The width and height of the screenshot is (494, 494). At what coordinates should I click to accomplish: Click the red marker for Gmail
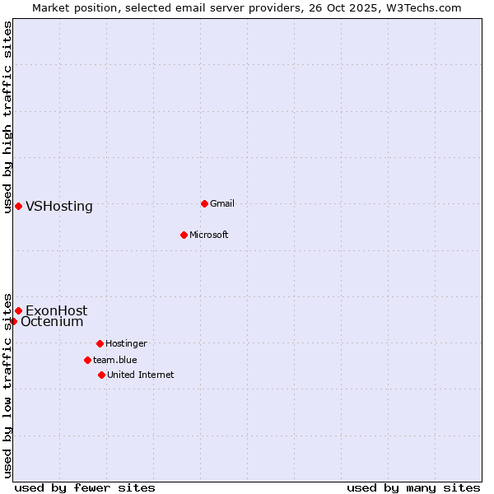[x=204, y=203]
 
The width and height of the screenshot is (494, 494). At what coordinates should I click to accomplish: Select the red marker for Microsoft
[x=184, y=235]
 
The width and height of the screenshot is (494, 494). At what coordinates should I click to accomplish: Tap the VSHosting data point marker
[x=18, y=206]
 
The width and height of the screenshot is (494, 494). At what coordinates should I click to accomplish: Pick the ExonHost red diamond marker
[x=18, y=310]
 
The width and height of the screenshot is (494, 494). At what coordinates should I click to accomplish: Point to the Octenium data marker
[x=13, y=321]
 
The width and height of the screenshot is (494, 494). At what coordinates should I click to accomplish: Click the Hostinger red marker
[x=100, y=343]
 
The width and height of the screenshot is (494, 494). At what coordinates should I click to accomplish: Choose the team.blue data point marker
[x=87, y=360]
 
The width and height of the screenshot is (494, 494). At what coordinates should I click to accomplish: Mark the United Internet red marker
[x=101, y=375]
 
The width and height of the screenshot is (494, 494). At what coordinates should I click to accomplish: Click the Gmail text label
[x=222, y=203]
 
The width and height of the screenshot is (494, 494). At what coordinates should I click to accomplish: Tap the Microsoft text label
[x=208, y=235]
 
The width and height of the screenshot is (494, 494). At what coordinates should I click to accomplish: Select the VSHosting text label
[x=59, y=207]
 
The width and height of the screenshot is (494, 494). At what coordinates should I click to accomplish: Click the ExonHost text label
[x=56, y=310]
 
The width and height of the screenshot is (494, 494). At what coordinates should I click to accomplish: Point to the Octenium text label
[x=52, y=322]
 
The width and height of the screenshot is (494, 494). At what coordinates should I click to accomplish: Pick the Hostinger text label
[x=126, y=343]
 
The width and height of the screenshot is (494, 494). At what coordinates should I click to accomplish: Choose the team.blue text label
[x=114, y=360]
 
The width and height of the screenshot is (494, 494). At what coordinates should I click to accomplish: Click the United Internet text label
[x=140, y=375]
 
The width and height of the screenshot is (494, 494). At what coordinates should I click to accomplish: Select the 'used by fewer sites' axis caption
[x=85, y=487]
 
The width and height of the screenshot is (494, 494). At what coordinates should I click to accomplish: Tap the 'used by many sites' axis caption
[x=413, y=487]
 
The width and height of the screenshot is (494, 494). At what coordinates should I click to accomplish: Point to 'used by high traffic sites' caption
[x=7, y=117]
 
